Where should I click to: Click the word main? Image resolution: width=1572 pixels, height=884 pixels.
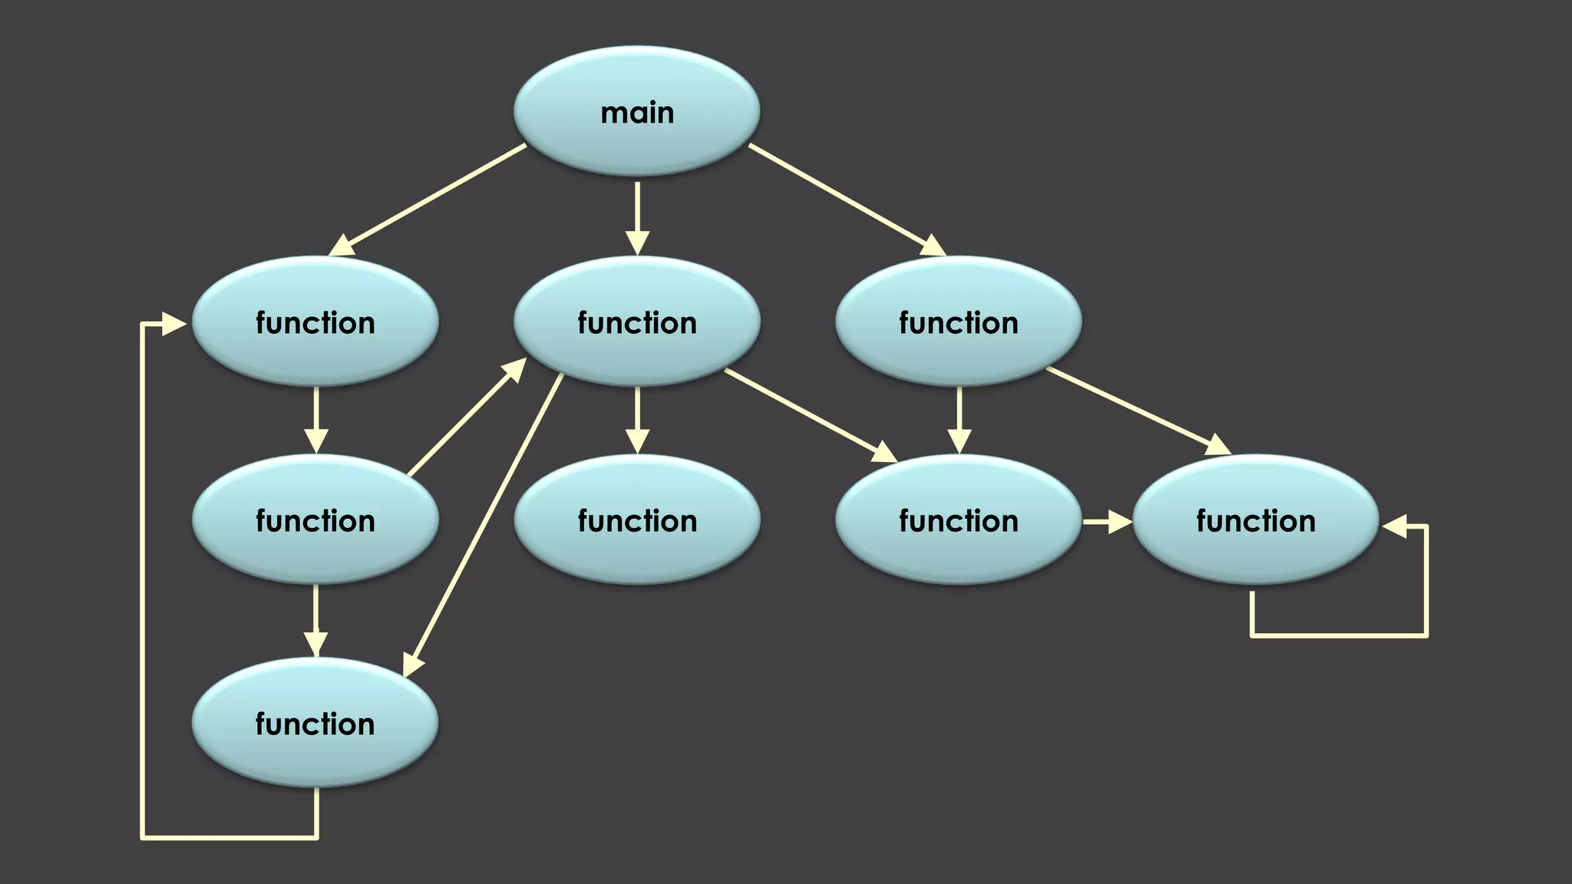coord(637,114)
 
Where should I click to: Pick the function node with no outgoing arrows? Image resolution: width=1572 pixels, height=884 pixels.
coord(637,520)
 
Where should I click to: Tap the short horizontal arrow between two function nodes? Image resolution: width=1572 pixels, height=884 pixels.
coord(1106,523)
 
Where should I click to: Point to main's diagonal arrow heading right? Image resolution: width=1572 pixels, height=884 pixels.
coord(846,199)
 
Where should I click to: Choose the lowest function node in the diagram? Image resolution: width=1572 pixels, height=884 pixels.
coord(315,723)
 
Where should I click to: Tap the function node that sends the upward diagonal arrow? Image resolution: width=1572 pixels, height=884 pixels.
coord(315,520)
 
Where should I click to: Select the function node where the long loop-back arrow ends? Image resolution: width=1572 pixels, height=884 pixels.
coord(315,322)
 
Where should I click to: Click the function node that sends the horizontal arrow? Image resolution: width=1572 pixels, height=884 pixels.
coord(958,520)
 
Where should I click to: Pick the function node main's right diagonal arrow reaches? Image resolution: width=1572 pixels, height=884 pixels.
coord(958,322)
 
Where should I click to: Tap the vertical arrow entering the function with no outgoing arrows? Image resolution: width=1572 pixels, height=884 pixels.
coord(637,420)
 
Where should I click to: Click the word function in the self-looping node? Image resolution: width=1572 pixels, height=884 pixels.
coord(1256,522)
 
